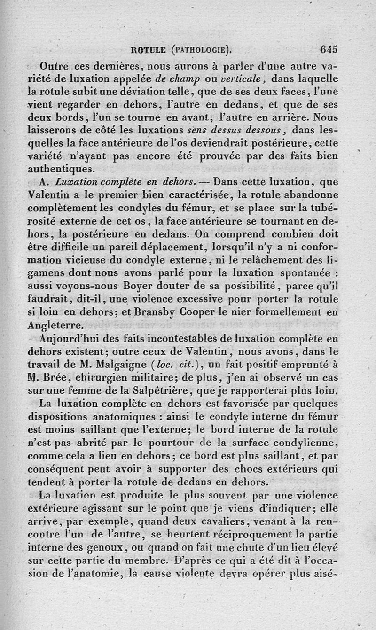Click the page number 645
(328, 49)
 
